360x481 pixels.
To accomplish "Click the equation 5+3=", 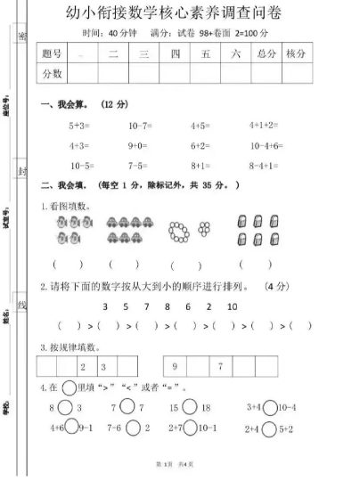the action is point(82,124).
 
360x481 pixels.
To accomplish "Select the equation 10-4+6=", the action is point(266,144).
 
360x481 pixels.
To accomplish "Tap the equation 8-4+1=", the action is point(265,166).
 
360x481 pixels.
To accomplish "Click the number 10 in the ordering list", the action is point(233,306).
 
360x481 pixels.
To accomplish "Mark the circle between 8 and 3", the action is point(68,407).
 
